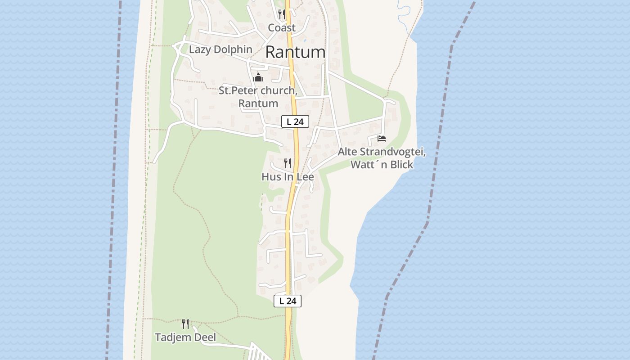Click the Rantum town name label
(295, 52)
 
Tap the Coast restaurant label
(282, 28)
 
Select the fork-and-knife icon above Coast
(282, 14)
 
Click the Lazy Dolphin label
(220, 49)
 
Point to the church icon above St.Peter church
(258, 77)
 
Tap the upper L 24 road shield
(295, 121)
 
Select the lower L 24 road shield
(288, 301)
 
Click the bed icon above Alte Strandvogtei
(382, 139)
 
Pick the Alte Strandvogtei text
(382, 152)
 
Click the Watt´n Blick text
(382, 165)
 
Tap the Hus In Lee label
(288, 177)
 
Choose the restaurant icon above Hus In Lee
(288, 163)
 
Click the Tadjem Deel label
(185, 337)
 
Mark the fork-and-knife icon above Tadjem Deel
(185, 324)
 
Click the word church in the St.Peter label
(275, 91)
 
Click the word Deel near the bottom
(206, 337)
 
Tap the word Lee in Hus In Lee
(306, 177)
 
